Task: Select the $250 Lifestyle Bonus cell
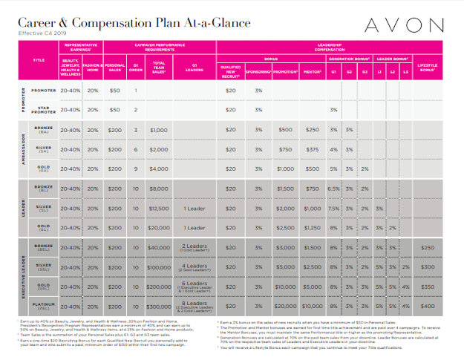point(428,247)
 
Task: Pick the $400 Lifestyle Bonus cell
point(428,305)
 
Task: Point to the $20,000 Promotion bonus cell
point(285,305)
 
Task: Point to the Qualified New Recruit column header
point(230,73)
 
